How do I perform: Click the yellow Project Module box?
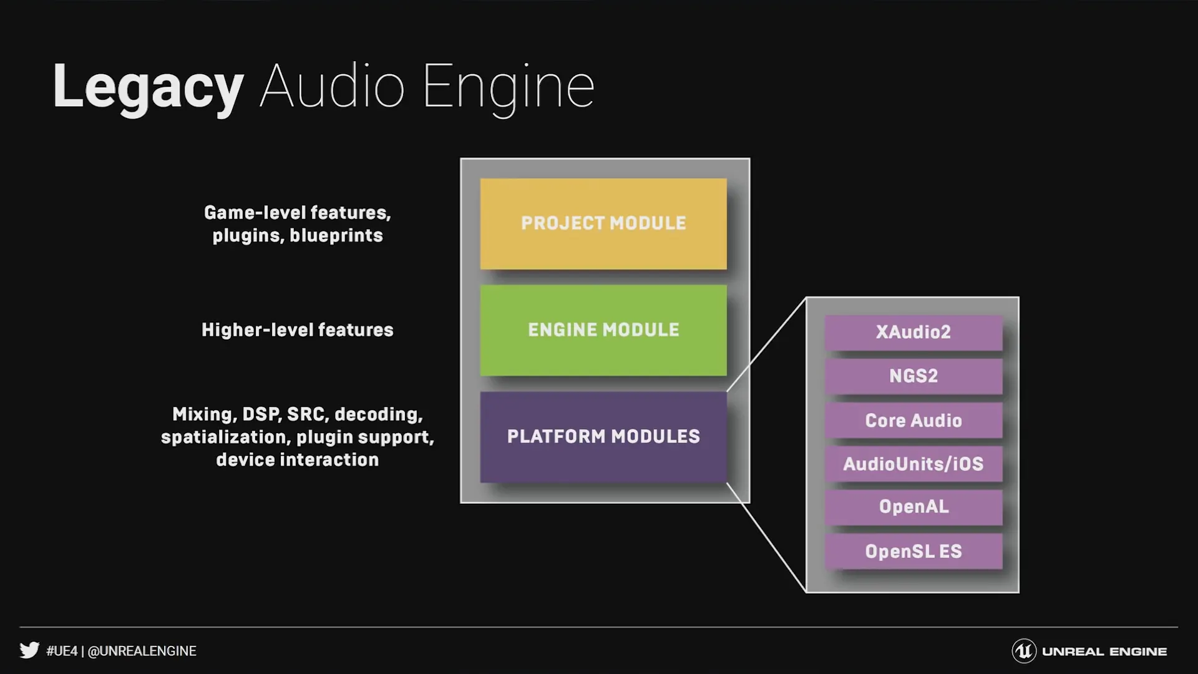tap(603, 223)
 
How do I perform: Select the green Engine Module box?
tap(603, 330)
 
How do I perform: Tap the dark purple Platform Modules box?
tap(603, 437)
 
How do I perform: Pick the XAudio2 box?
tap(913, 332)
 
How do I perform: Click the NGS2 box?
tap(913, 376)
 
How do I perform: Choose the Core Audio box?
tap(913, 420)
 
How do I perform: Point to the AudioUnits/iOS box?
tap(913, 464)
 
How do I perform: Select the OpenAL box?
tap(913, 507)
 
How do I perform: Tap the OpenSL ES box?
tap(913, 551)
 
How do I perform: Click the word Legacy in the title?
tap(148, 87)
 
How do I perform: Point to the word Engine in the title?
tap(508, 87)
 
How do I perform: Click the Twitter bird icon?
tap(29, 650)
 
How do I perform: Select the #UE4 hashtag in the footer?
tap(62, 651)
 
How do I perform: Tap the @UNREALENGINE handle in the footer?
tap(142, 651)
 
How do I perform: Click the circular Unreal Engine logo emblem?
tap(1023, 651)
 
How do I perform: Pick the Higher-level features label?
tap(297, 330)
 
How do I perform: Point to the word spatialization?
tap(225, 437)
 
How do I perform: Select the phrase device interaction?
tap(297, 460)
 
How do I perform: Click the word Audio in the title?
tap(332, 87)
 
